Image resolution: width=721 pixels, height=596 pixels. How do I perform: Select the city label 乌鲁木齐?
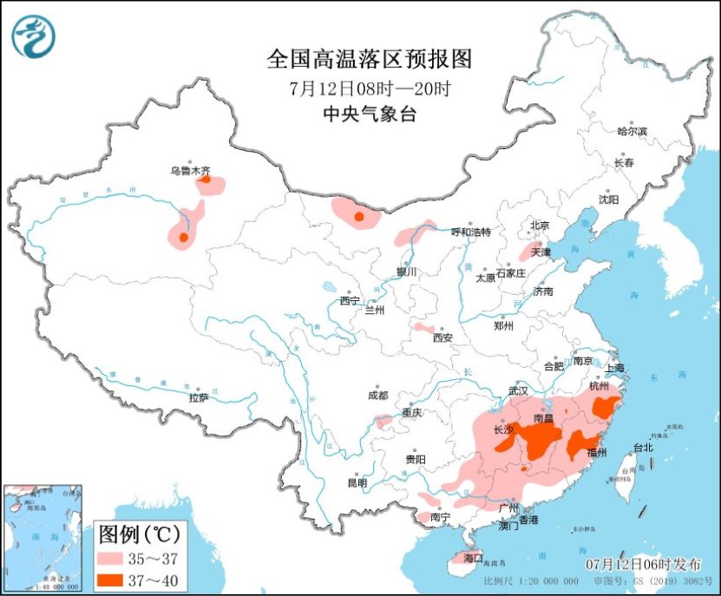point(191,171)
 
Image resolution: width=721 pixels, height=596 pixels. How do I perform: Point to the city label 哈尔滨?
point(632,131)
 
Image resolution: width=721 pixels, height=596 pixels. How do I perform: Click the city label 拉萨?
point(199,397)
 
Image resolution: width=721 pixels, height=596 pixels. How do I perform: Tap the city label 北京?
point(540,226)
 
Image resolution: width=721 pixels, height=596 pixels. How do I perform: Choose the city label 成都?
point(377,396)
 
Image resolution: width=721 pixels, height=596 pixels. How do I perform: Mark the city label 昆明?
point(357,481)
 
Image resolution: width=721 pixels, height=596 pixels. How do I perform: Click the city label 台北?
point(642,449)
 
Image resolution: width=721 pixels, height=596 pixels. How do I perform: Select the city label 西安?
point(443,337)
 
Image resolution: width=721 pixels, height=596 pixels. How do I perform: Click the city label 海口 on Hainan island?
point(472,557)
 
